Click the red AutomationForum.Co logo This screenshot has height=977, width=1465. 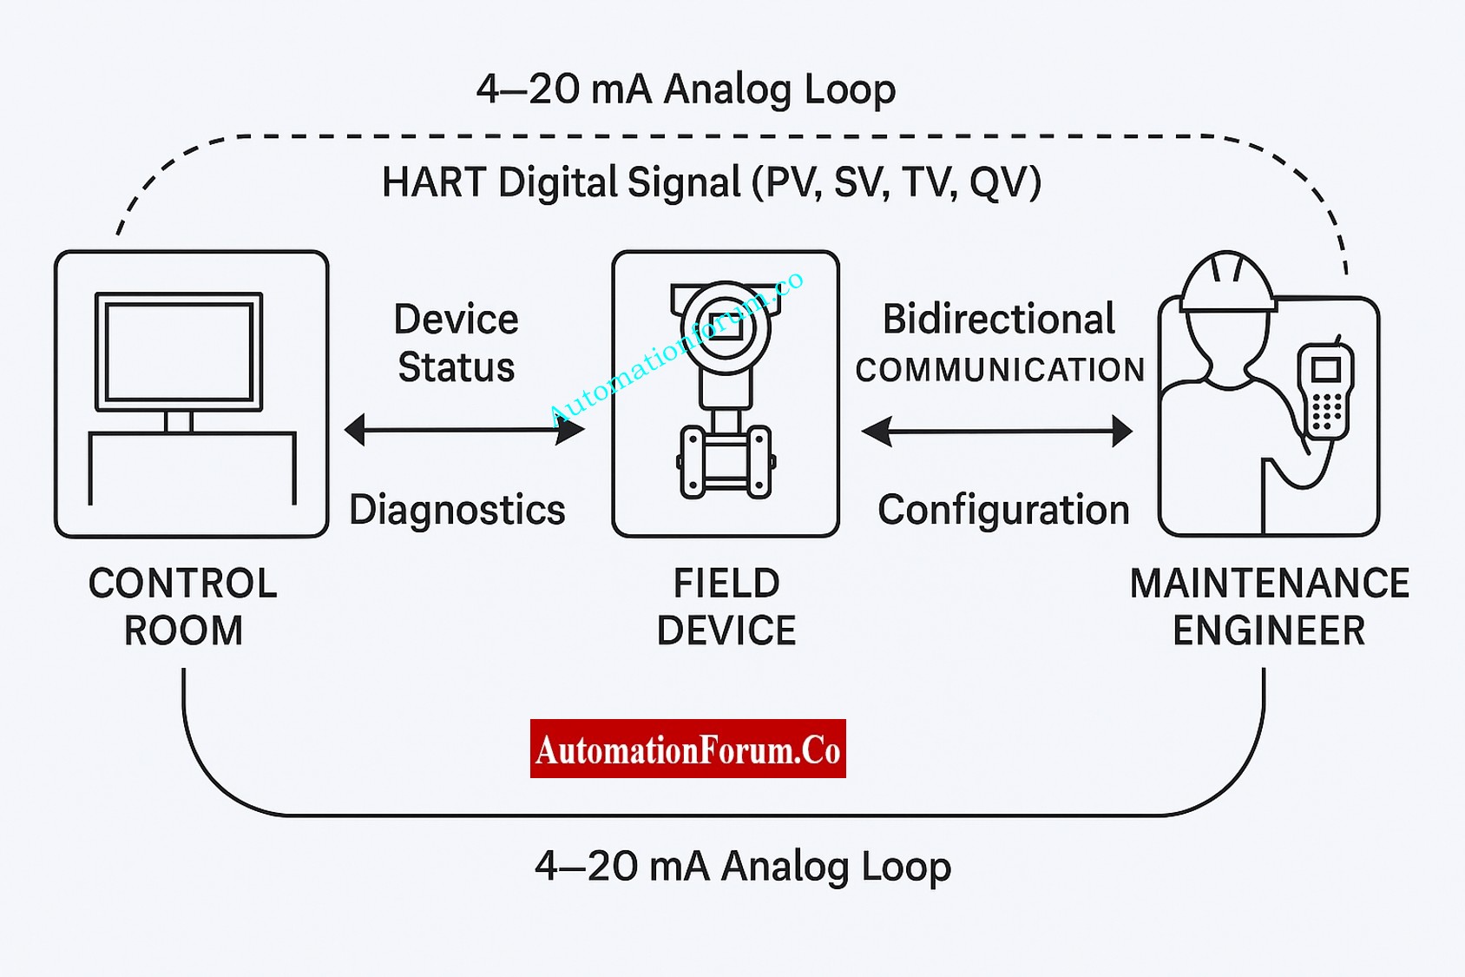point(687,749)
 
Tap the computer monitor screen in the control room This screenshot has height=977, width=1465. point(179,352)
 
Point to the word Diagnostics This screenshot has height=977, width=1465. point(457,510)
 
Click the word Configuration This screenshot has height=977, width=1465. point(1003,510)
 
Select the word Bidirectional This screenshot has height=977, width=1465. point(998,320)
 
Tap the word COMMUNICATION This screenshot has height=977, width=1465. point(1000,370)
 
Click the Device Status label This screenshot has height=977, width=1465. point(456,343)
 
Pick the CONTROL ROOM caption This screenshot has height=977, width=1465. point(183,606)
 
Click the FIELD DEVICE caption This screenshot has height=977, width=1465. point(726,606)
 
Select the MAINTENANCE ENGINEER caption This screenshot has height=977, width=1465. point(1269,606)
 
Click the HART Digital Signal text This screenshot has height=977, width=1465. point(712,183)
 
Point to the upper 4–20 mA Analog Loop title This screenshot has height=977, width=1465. point(686,89)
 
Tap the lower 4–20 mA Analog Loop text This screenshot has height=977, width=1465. point(743,866)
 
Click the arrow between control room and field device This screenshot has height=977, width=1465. point(464,430)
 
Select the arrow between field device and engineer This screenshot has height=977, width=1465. point(996,431)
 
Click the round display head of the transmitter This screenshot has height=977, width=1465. point(726,328)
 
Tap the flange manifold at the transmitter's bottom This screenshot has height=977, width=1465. point(726,461)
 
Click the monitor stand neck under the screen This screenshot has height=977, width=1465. point(179,422)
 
